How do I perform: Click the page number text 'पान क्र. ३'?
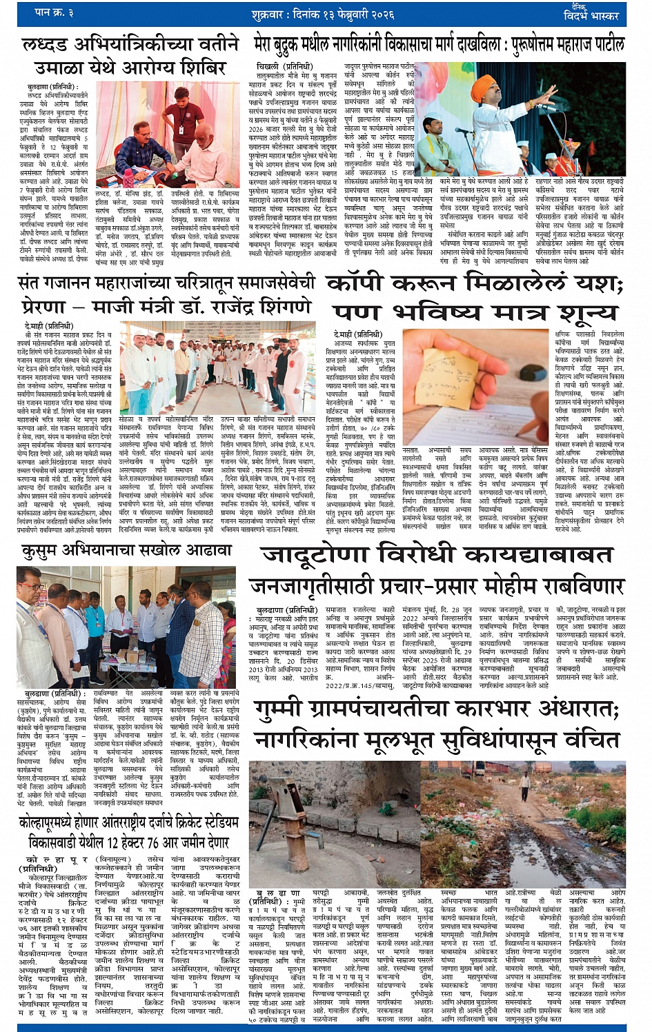tap(55, 12)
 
